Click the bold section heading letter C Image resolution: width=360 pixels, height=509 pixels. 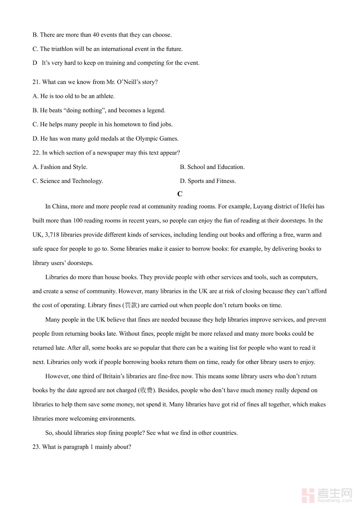click(180, 194)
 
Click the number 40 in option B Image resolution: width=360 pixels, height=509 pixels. click(95, 35)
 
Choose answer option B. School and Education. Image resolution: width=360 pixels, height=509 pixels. click(212, 167)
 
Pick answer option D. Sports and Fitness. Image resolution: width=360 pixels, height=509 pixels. click(208, 181)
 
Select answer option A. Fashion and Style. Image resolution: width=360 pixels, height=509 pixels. click(60, 167)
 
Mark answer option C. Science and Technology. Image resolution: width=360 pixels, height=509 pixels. click(67, 181)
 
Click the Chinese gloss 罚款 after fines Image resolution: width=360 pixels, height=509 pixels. click(131, 305)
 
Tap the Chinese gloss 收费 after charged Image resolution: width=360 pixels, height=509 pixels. click(146, 390)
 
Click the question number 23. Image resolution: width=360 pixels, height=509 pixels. click(36, 447)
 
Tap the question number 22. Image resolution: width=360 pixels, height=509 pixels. click(36, 153)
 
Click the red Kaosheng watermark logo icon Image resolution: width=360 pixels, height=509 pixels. click(308, 495)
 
